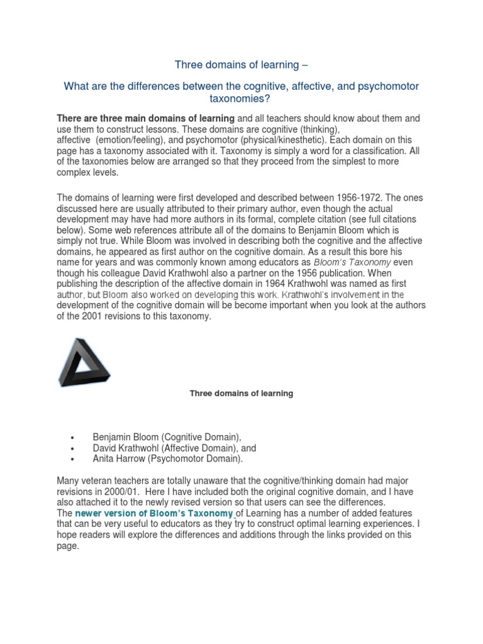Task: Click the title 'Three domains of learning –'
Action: tap(241, 64)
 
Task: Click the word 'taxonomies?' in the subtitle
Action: tap(241, 98)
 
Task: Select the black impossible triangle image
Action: tap(84, 362)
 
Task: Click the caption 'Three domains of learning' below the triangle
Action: tap(241, 394)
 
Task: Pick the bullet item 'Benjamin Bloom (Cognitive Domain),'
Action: tap(167, 436)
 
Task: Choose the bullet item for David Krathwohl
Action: tap(174, 448)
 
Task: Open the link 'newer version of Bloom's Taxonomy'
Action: tap(154, 513)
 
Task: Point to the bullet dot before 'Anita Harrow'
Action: tap(74, 460)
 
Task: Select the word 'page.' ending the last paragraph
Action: tap(68, 547)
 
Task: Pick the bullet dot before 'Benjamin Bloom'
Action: tap(74, 437)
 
